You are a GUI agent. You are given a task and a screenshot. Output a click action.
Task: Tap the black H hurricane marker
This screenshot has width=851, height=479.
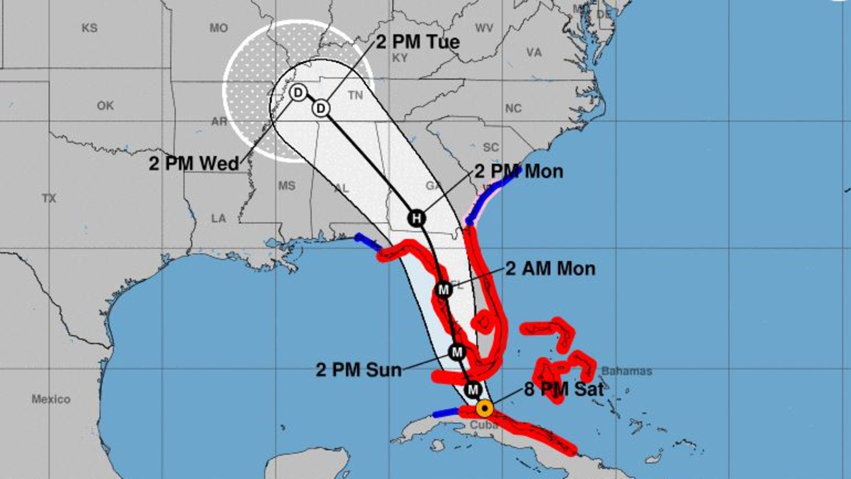[x=417, y=218]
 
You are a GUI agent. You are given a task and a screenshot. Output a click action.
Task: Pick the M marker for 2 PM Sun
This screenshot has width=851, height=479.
[x=457, y=352]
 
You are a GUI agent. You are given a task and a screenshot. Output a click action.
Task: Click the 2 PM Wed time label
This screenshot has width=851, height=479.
[x=194, y=163]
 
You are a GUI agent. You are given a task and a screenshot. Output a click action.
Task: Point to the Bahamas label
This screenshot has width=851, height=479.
[x=627, y=371]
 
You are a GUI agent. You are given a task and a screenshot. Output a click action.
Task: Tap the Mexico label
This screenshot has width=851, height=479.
[x=51, y=399]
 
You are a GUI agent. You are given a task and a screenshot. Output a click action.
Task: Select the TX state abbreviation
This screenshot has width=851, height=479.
[x=49, y=198]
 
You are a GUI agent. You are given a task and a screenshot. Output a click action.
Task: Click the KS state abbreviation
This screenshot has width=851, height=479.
[x=90, y=28]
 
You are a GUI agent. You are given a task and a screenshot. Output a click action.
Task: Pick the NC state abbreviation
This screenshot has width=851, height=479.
[x=513, y=108]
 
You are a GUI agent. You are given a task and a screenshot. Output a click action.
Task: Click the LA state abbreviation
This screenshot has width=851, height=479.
[x=219, y=218]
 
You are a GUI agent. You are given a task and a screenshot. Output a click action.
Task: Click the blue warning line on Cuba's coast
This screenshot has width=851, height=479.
[x=445, y=412]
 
